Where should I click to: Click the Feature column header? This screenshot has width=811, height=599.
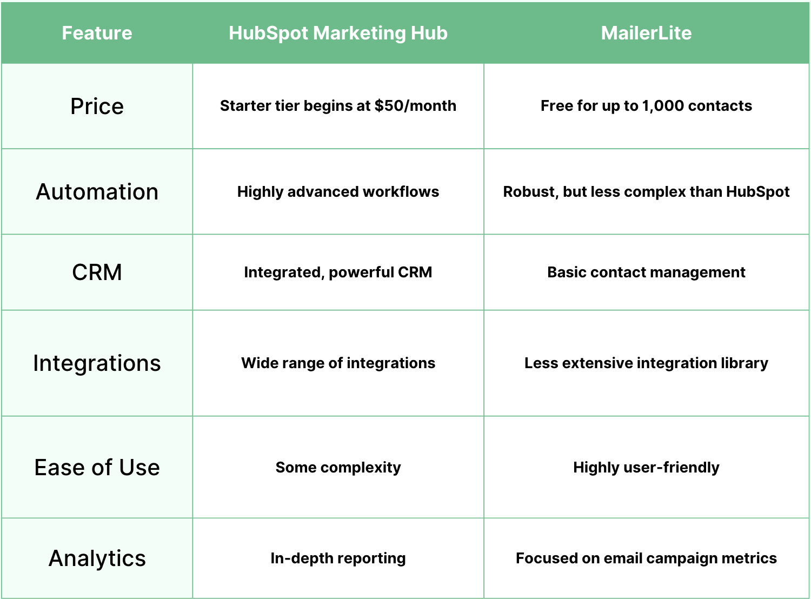point(97,33)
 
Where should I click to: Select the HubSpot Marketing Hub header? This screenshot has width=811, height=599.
point(338,33)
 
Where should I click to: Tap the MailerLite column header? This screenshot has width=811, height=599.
point(646,33)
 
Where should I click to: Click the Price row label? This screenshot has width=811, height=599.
point(97,106)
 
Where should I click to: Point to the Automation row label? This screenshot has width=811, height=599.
point(97,192)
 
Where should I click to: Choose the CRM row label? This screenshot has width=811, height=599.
point(97,272)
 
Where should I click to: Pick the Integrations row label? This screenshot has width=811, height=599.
point(97,363)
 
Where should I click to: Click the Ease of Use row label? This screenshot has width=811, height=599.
point(97,468)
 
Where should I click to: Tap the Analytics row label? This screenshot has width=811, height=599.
point(97,558)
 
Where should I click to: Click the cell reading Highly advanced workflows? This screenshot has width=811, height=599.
point(338,192)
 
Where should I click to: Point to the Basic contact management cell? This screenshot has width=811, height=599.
point(646,272)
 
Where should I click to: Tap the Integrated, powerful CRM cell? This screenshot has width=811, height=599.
point(338,272)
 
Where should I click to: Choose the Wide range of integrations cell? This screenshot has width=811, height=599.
point(338,363)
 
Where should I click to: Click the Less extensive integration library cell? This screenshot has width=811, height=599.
point(646,363)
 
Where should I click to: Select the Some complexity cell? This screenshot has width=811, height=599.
point(338,468)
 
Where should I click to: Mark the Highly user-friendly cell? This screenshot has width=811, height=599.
point(646,468)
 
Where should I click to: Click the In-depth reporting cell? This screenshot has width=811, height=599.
point(338,558)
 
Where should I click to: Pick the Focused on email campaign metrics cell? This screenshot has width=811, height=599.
point(646,558)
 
